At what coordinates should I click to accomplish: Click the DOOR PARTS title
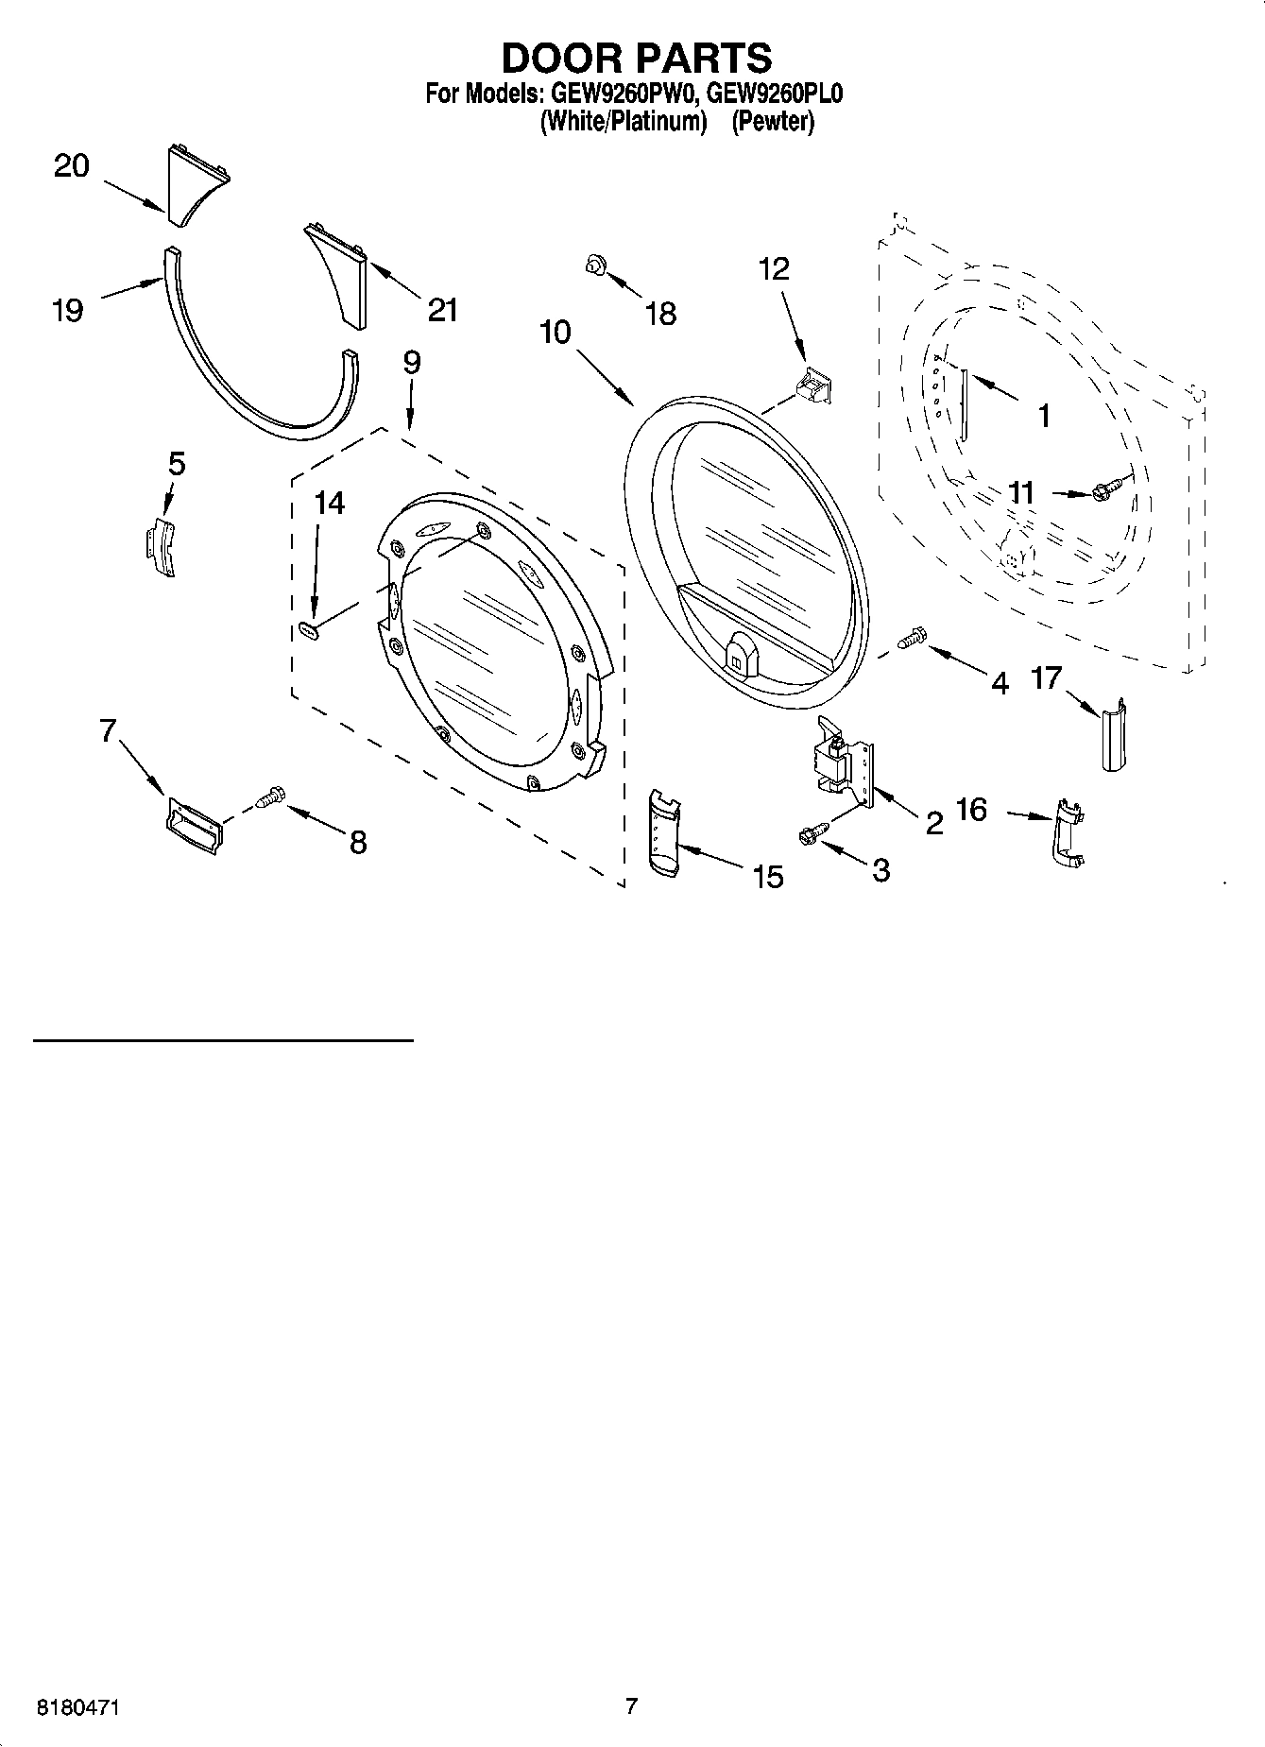point(636,59)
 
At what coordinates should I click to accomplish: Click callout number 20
point(72,166)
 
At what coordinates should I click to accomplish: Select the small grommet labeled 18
point(594,266)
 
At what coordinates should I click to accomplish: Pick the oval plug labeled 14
point(307,630)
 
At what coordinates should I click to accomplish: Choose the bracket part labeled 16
point(1067,831)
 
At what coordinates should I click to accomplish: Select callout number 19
point(67,310)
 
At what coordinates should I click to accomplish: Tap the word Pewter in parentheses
point(772,122)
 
